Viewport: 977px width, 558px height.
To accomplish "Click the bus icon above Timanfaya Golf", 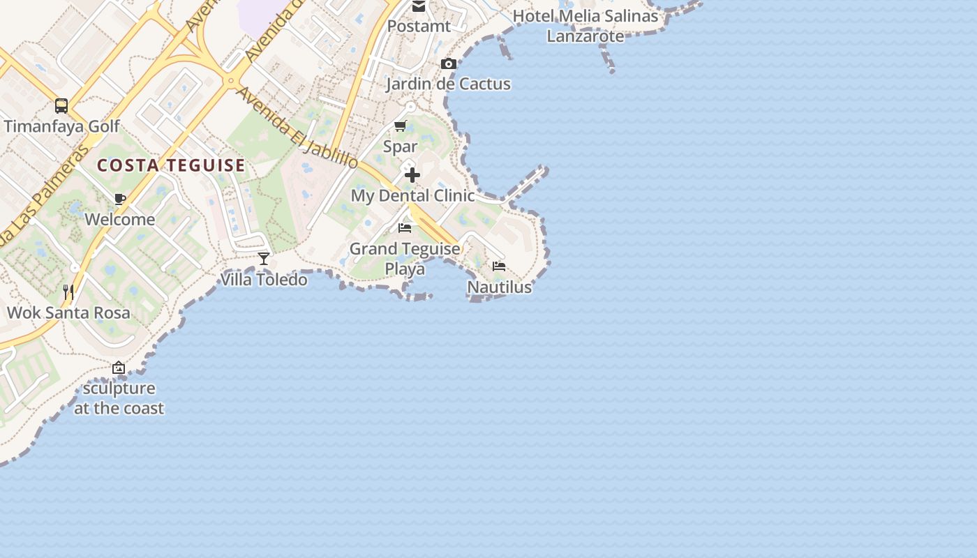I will (x=61, y=106).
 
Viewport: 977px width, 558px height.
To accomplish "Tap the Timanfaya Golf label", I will (x=62, y=126).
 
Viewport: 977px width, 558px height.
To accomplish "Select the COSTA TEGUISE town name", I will (x=171, y=165).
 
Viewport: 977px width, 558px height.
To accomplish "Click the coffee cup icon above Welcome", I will (x=120, y=199).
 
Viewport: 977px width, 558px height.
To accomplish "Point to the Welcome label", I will (x=120, y=220).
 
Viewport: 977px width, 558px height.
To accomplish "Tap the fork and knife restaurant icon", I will (x=68, y=292).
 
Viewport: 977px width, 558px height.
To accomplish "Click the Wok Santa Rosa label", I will (x=68, y=312).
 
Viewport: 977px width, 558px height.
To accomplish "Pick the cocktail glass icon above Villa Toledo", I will (x=264, y=259).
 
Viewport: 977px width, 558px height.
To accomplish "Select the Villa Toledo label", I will (x=264, y=280).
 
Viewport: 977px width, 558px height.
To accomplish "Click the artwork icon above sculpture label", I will (x=119, y=368).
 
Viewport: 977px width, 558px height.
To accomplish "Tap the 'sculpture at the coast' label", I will (x=119, y=398).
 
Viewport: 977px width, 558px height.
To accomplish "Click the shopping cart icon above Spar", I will (x=400, y=126).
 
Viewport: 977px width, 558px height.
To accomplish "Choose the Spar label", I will (x=400, y=146).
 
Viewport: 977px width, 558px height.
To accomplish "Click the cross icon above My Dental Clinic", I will (x=412, y=174).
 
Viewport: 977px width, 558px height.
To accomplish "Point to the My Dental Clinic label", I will (x=412, y=195).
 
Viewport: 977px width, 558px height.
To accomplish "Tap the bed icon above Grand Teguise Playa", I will (x=405, y=228).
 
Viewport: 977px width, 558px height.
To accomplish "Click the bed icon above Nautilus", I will (x=499, y=266).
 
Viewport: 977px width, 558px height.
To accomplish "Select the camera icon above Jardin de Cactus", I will (x=449, y=64).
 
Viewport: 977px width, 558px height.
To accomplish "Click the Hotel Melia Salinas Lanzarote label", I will (x=586, y=26).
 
